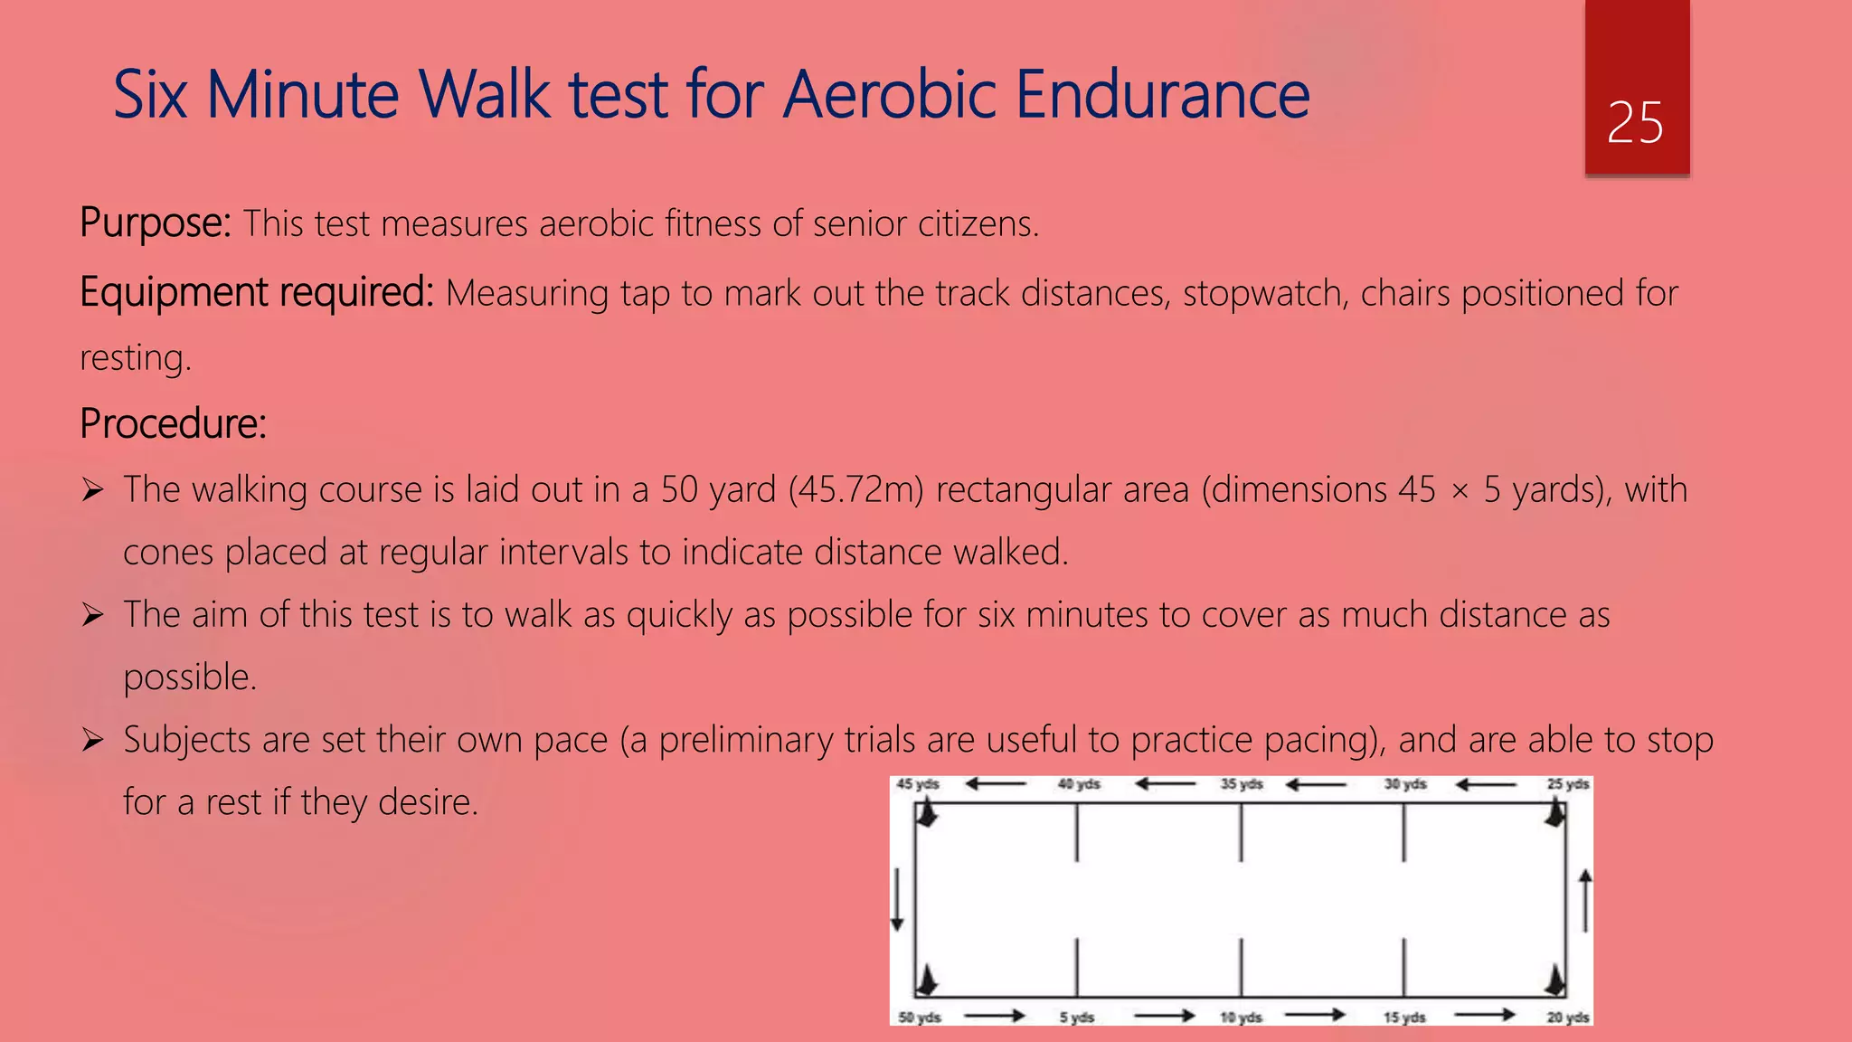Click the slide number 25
click(1635, 123)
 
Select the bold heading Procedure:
click(173, 423)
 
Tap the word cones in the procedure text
click(168, 552)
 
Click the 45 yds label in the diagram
click(918, 784)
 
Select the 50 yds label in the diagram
click(920, 1018)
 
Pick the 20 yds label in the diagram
click(1567, 1018)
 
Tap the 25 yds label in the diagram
click(1567, 784)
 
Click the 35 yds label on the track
click(1242, 784)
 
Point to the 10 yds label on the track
click(1241, 1018)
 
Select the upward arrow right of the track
click(1585, 900)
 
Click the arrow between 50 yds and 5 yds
click(994, 1016)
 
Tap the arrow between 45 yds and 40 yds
click(996, 784)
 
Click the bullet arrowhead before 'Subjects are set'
click(92, 741)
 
